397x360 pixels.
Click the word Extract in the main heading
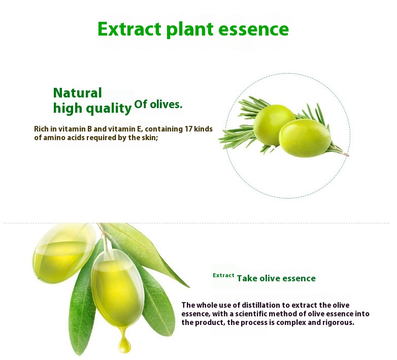[129, 29]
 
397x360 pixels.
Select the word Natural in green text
[77, 93]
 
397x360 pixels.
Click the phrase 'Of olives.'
[158, 105]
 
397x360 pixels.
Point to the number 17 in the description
[190, 129]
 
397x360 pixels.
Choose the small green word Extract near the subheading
[223, 275]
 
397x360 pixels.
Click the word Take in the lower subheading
[247, 278]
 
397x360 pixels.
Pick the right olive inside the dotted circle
[305, 138]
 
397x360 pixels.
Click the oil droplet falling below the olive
[124, 345]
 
